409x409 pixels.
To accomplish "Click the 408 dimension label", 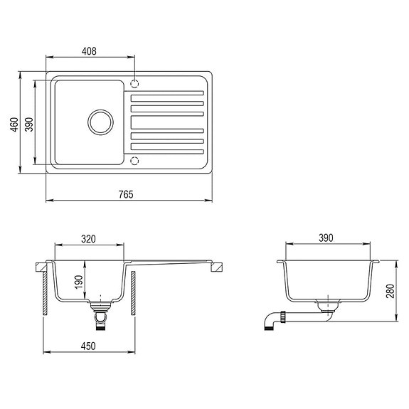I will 89,51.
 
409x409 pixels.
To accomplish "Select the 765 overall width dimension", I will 127,193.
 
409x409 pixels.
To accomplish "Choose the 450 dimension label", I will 89,346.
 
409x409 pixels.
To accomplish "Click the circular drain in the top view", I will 100,121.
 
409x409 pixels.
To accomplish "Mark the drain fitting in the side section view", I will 328,306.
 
